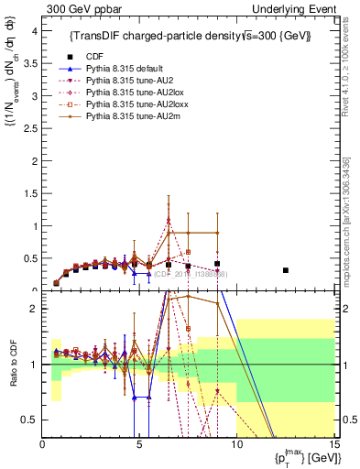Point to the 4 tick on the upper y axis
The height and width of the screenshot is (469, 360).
36,30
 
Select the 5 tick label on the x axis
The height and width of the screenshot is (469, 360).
139,446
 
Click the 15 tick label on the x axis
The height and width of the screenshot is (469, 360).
333,446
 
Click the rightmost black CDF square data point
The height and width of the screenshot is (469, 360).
286,270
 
